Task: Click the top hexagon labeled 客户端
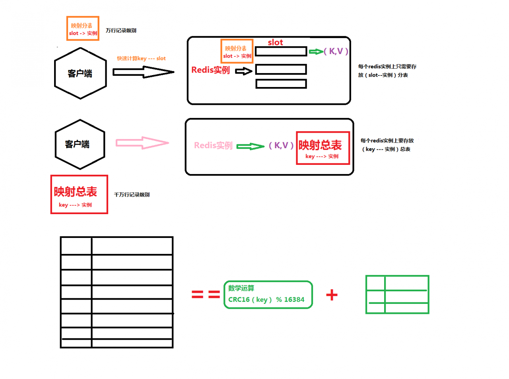[x=80, y=73]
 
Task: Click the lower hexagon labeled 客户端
[x=80, y=144]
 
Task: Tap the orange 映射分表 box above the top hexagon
[x=83, y=29]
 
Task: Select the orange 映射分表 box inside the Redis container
[x=237, y=51]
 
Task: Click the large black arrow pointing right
[x=143, y=72]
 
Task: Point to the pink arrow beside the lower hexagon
[x=142, y=143]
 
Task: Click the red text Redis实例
[x=210, y=70]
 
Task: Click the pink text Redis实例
[x=213, y=145]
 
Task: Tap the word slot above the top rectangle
[x=275, y=42]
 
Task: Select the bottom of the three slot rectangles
[x=281, y=84]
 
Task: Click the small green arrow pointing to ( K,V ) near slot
[x=316, y=52]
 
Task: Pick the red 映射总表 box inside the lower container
[x=322, y=148]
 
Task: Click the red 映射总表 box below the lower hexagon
[x=79, y=195]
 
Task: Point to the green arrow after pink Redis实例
[x=250, y=146]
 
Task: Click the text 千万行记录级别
[x=132, y=195]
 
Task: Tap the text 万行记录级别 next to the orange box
[x=121, y=31]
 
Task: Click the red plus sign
[x=332, y=295]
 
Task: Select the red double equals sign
[x=206, y=294]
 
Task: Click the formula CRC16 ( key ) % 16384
[x=266, y=300]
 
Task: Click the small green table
[x=397, y=294]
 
